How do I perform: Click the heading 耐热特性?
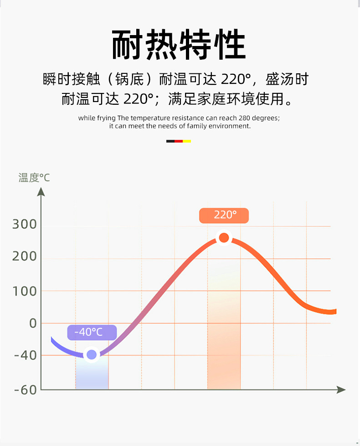pyautogui.click(x=179, y=45)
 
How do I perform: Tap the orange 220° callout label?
pyautogui.click(x=224, y=215)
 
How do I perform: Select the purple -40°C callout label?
pyautogui.click(x=92, y=332)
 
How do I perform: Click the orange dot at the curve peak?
pyautogui.click(x=224, y=237)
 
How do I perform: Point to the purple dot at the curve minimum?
pyautogui.click(x=92, y=354)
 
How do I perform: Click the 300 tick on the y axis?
pyautogui.click(x=25, y=224)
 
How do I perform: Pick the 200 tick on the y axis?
pyautogui.click(x=25, y=256)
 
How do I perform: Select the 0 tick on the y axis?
pyautogui.click(x=32, y=323)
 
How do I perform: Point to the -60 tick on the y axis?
pyautogui.click(x=25, y=390)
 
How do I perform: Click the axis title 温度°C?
pyautogui.click(x=34, y=178)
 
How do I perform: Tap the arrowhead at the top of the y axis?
pyautogui.click(x=41, y=192)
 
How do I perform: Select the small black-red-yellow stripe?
pyautogui.click(x=179, y=141)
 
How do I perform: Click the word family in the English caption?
pyautogui.click(x=197, y=126)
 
